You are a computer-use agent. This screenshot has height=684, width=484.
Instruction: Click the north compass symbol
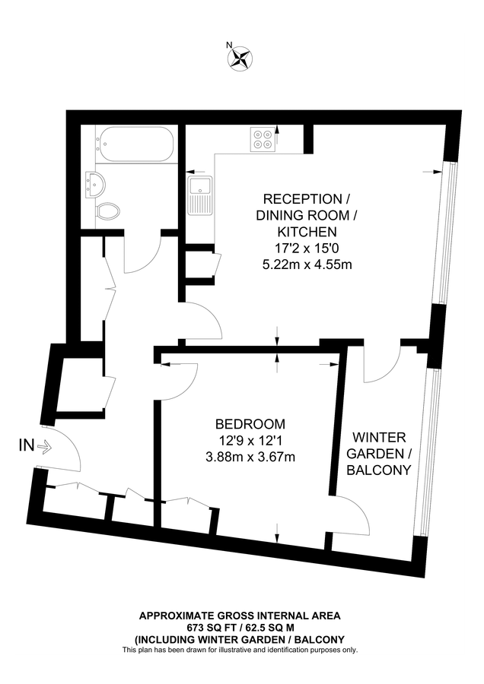coord(241,58)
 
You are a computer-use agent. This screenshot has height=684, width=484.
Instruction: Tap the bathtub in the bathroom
coord(135,144)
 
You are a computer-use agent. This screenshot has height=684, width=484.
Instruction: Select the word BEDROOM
coord(250,424)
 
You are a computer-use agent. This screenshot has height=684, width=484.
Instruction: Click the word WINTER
coord(378,438)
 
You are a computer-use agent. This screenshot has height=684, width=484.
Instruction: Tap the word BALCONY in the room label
coord(378,470)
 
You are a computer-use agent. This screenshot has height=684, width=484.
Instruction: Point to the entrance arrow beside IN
coord(44,448)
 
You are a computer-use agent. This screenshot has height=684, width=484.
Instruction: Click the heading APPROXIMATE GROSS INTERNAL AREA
coord(240,616)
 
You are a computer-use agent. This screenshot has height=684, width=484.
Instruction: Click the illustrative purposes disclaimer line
coord(240,650)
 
